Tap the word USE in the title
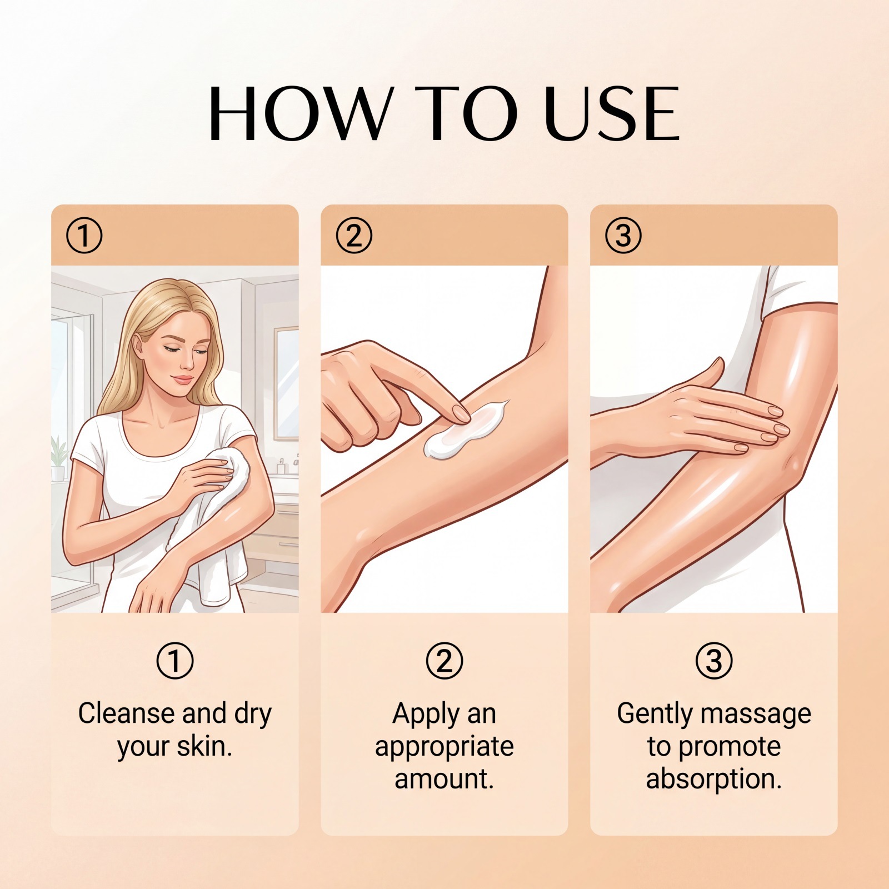click(x=612, y=113)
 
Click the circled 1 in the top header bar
click(x=84, y=236)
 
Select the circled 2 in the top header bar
click(x=354, y=236)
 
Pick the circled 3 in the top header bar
click(x=623, y=236)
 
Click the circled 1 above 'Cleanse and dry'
click(x=175, y=661)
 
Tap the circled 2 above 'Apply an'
click(x=444, y=661)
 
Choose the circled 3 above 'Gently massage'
click(x=714, y=661)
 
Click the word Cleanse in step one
click(x=127, y=713)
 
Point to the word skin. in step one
click(x=204, y=746)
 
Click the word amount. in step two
click(x=444, y=779)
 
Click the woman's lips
click(x=182, y=379)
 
